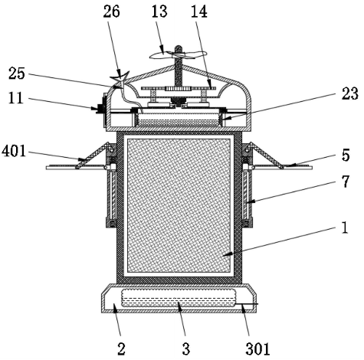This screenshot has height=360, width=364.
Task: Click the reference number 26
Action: tap(111, 11)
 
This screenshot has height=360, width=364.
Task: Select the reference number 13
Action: tap(159, 11)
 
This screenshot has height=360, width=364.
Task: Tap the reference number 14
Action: tap(199, 11)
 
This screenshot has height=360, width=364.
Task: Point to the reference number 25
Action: tap(17, 74)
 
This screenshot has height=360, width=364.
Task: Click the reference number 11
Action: tap(16, 98)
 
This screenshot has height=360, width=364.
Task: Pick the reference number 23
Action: tap(350, 93)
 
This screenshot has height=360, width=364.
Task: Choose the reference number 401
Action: tap(14, 151)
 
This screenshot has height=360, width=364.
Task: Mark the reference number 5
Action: tap(346, 155)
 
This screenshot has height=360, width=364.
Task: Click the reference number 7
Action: tap(346, 182)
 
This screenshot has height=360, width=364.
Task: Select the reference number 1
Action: tap(345, 227)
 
